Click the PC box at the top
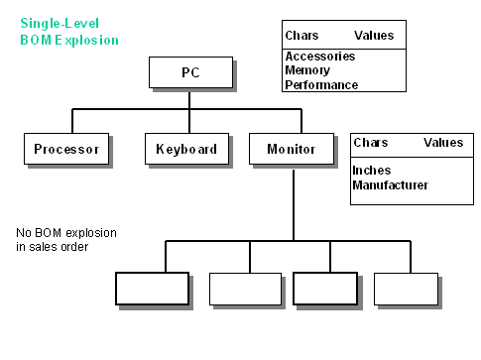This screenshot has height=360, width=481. pos(190,72)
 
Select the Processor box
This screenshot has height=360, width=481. pos(66,150)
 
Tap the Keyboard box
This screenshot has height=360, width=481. pos(186,150)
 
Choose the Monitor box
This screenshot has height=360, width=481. pos(291,150)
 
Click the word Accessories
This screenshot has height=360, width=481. pos(319,57)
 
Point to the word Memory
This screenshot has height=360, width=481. pos(306,70)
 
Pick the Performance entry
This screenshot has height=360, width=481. pos(321,85)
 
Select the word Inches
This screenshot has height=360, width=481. pos(372,171)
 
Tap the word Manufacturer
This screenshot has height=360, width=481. pos(391,184)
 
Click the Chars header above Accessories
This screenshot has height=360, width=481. pos(301,35)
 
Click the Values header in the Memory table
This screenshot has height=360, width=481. pos(374,35)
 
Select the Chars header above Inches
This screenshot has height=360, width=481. pos(371,143)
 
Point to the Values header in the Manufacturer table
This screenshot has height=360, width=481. pos(443,143)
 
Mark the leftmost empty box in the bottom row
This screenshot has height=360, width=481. pos(152,288)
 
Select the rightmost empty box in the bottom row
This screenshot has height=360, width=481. pos(406,288)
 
